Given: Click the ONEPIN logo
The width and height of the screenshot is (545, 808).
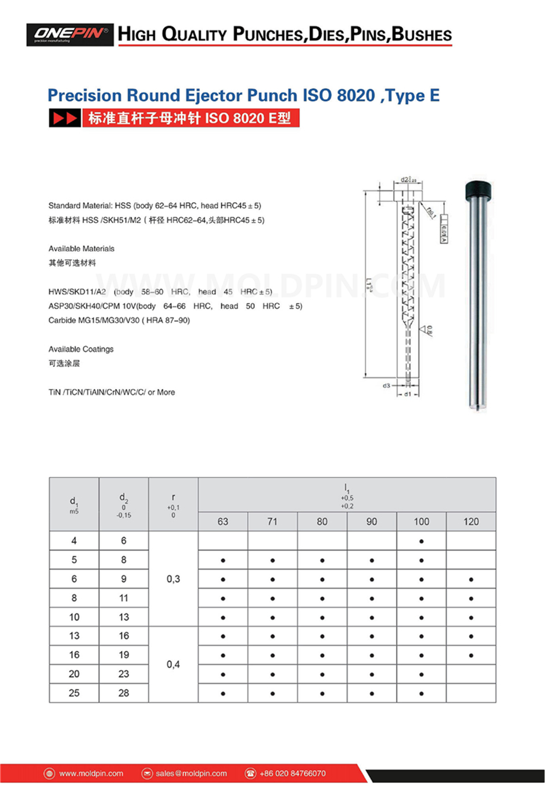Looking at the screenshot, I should point(70,35).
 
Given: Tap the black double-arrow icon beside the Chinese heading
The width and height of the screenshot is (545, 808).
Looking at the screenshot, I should point(65,118).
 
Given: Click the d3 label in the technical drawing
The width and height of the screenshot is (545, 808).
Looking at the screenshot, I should point(386,386).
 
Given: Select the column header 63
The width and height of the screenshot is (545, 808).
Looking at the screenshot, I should point(223,522).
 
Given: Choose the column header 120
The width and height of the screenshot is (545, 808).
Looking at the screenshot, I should point(471,522).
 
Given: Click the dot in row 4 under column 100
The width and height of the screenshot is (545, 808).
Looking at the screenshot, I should point(421,541).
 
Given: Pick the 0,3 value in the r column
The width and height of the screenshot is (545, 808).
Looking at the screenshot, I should point(173,579).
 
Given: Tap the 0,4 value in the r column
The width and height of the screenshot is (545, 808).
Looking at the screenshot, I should point(173,664).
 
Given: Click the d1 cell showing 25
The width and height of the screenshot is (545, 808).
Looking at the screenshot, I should point(74,693).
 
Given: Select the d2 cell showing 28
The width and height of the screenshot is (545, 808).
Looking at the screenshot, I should point(124,693).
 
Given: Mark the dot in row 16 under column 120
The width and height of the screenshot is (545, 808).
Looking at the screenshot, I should point(471,655).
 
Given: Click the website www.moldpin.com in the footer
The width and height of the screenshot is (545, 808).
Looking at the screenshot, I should point(91,773).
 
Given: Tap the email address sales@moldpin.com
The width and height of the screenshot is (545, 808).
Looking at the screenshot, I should point(191,773).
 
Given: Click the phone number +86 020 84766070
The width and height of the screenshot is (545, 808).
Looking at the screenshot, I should point(292,773).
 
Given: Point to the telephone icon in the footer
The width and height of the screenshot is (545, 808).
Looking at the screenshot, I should point(250,773).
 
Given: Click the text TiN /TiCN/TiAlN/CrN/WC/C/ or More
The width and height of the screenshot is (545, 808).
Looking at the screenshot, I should point(112,392).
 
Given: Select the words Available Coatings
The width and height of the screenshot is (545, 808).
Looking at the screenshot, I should point(81,349).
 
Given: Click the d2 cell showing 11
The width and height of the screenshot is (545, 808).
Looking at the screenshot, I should point(124,598).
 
